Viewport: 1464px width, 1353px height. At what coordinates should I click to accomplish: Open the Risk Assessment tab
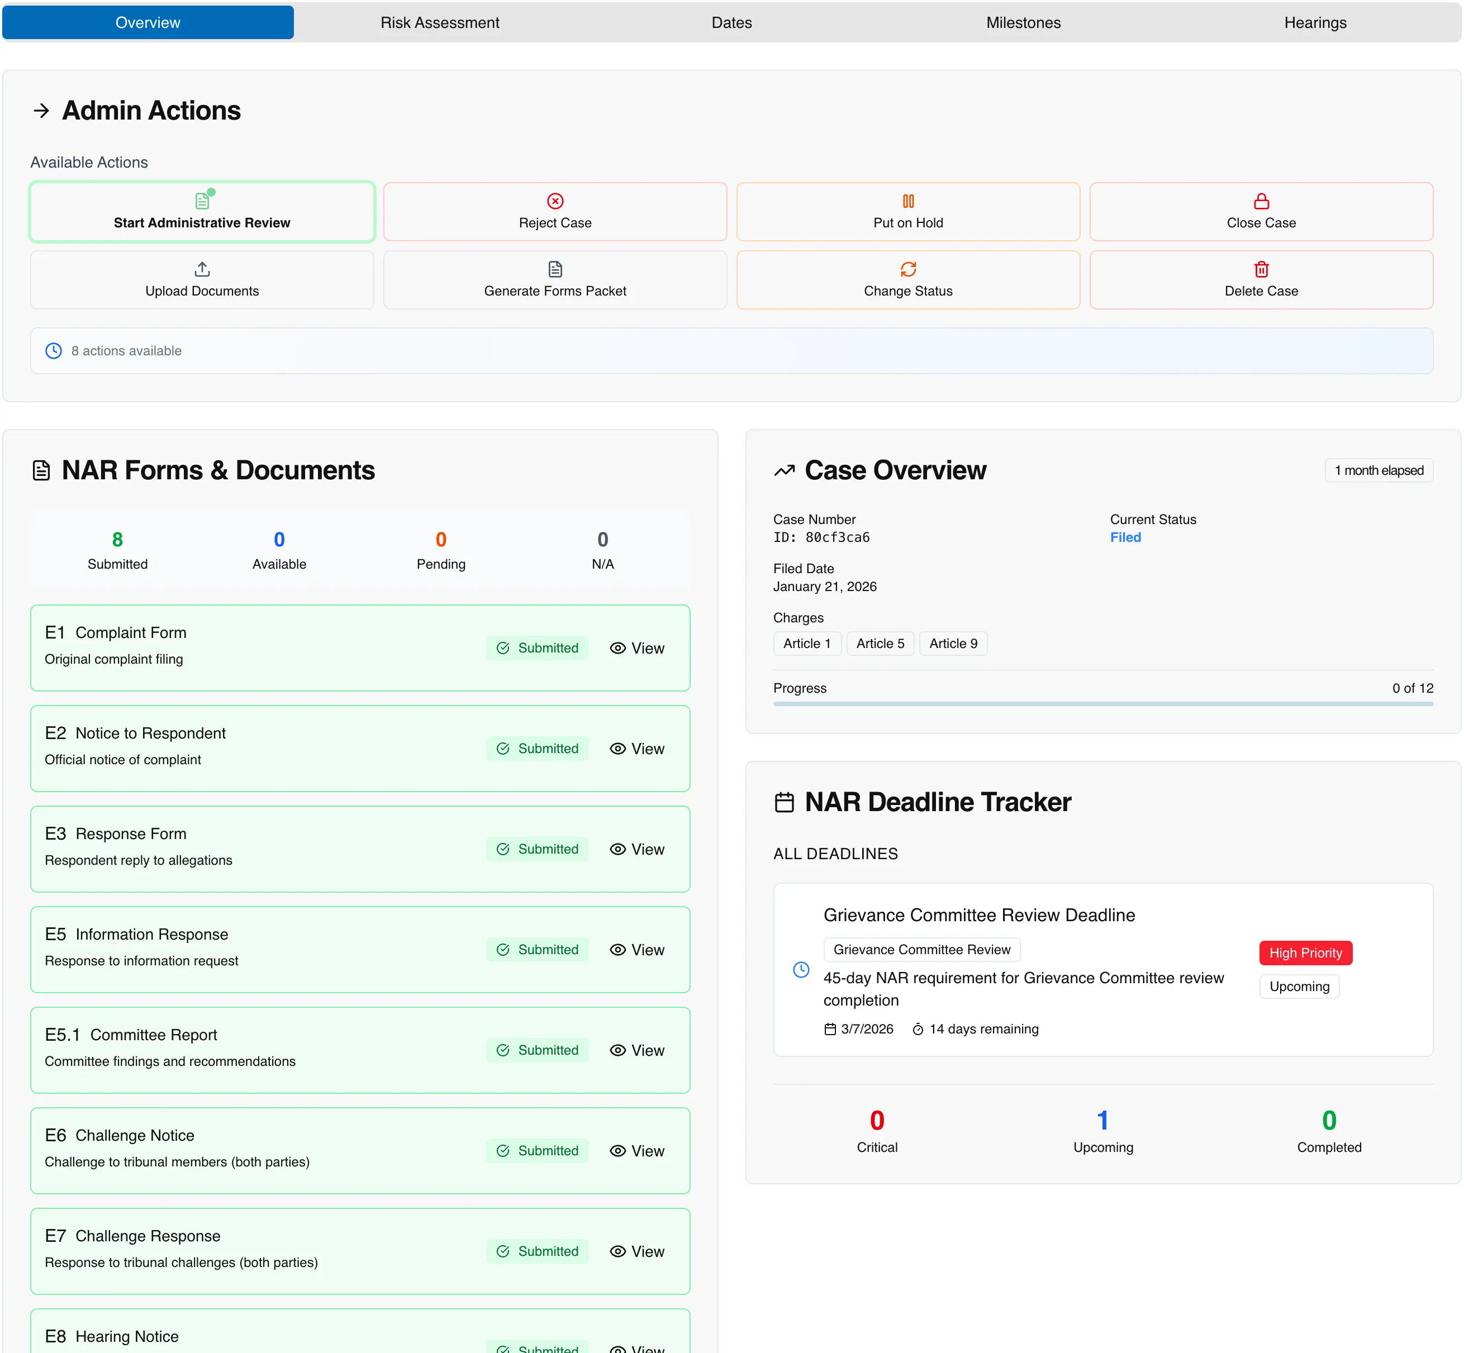439,23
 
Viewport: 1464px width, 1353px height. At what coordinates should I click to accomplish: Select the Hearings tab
1315,23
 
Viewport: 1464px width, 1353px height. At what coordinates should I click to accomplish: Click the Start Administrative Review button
202,212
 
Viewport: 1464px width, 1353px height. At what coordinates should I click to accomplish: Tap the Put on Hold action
907,212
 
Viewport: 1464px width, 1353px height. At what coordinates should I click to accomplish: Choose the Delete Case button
1261,280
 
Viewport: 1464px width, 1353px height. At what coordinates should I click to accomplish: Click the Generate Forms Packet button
554,280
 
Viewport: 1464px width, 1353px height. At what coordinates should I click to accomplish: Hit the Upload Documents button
202,280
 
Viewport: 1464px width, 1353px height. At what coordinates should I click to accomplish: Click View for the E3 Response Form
637,849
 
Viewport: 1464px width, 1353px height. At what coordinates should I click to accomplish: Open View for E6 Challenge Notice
637,1151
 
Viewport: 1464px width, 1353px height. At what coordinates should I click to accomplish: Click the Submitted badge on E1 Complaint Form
538,648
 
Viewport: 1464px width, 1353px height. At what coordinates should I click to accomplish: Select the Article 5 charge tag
880,644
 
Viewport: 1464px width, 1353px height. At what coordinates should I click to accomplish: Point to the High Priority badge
1305,952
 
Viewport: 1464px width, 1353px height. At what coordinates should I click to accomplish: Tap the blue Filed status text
1125,537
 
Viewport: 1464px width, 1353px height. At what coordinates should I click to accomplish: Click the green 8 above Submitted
117,540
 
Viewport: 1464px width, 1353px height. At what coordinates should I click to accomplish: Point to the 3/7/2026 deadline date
867,1028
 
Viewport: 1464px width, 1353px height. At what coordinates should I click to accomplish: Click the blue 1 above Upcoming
1102,1120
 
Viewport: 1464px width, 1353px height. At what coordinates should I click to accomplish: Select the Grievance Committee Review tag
921,950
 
